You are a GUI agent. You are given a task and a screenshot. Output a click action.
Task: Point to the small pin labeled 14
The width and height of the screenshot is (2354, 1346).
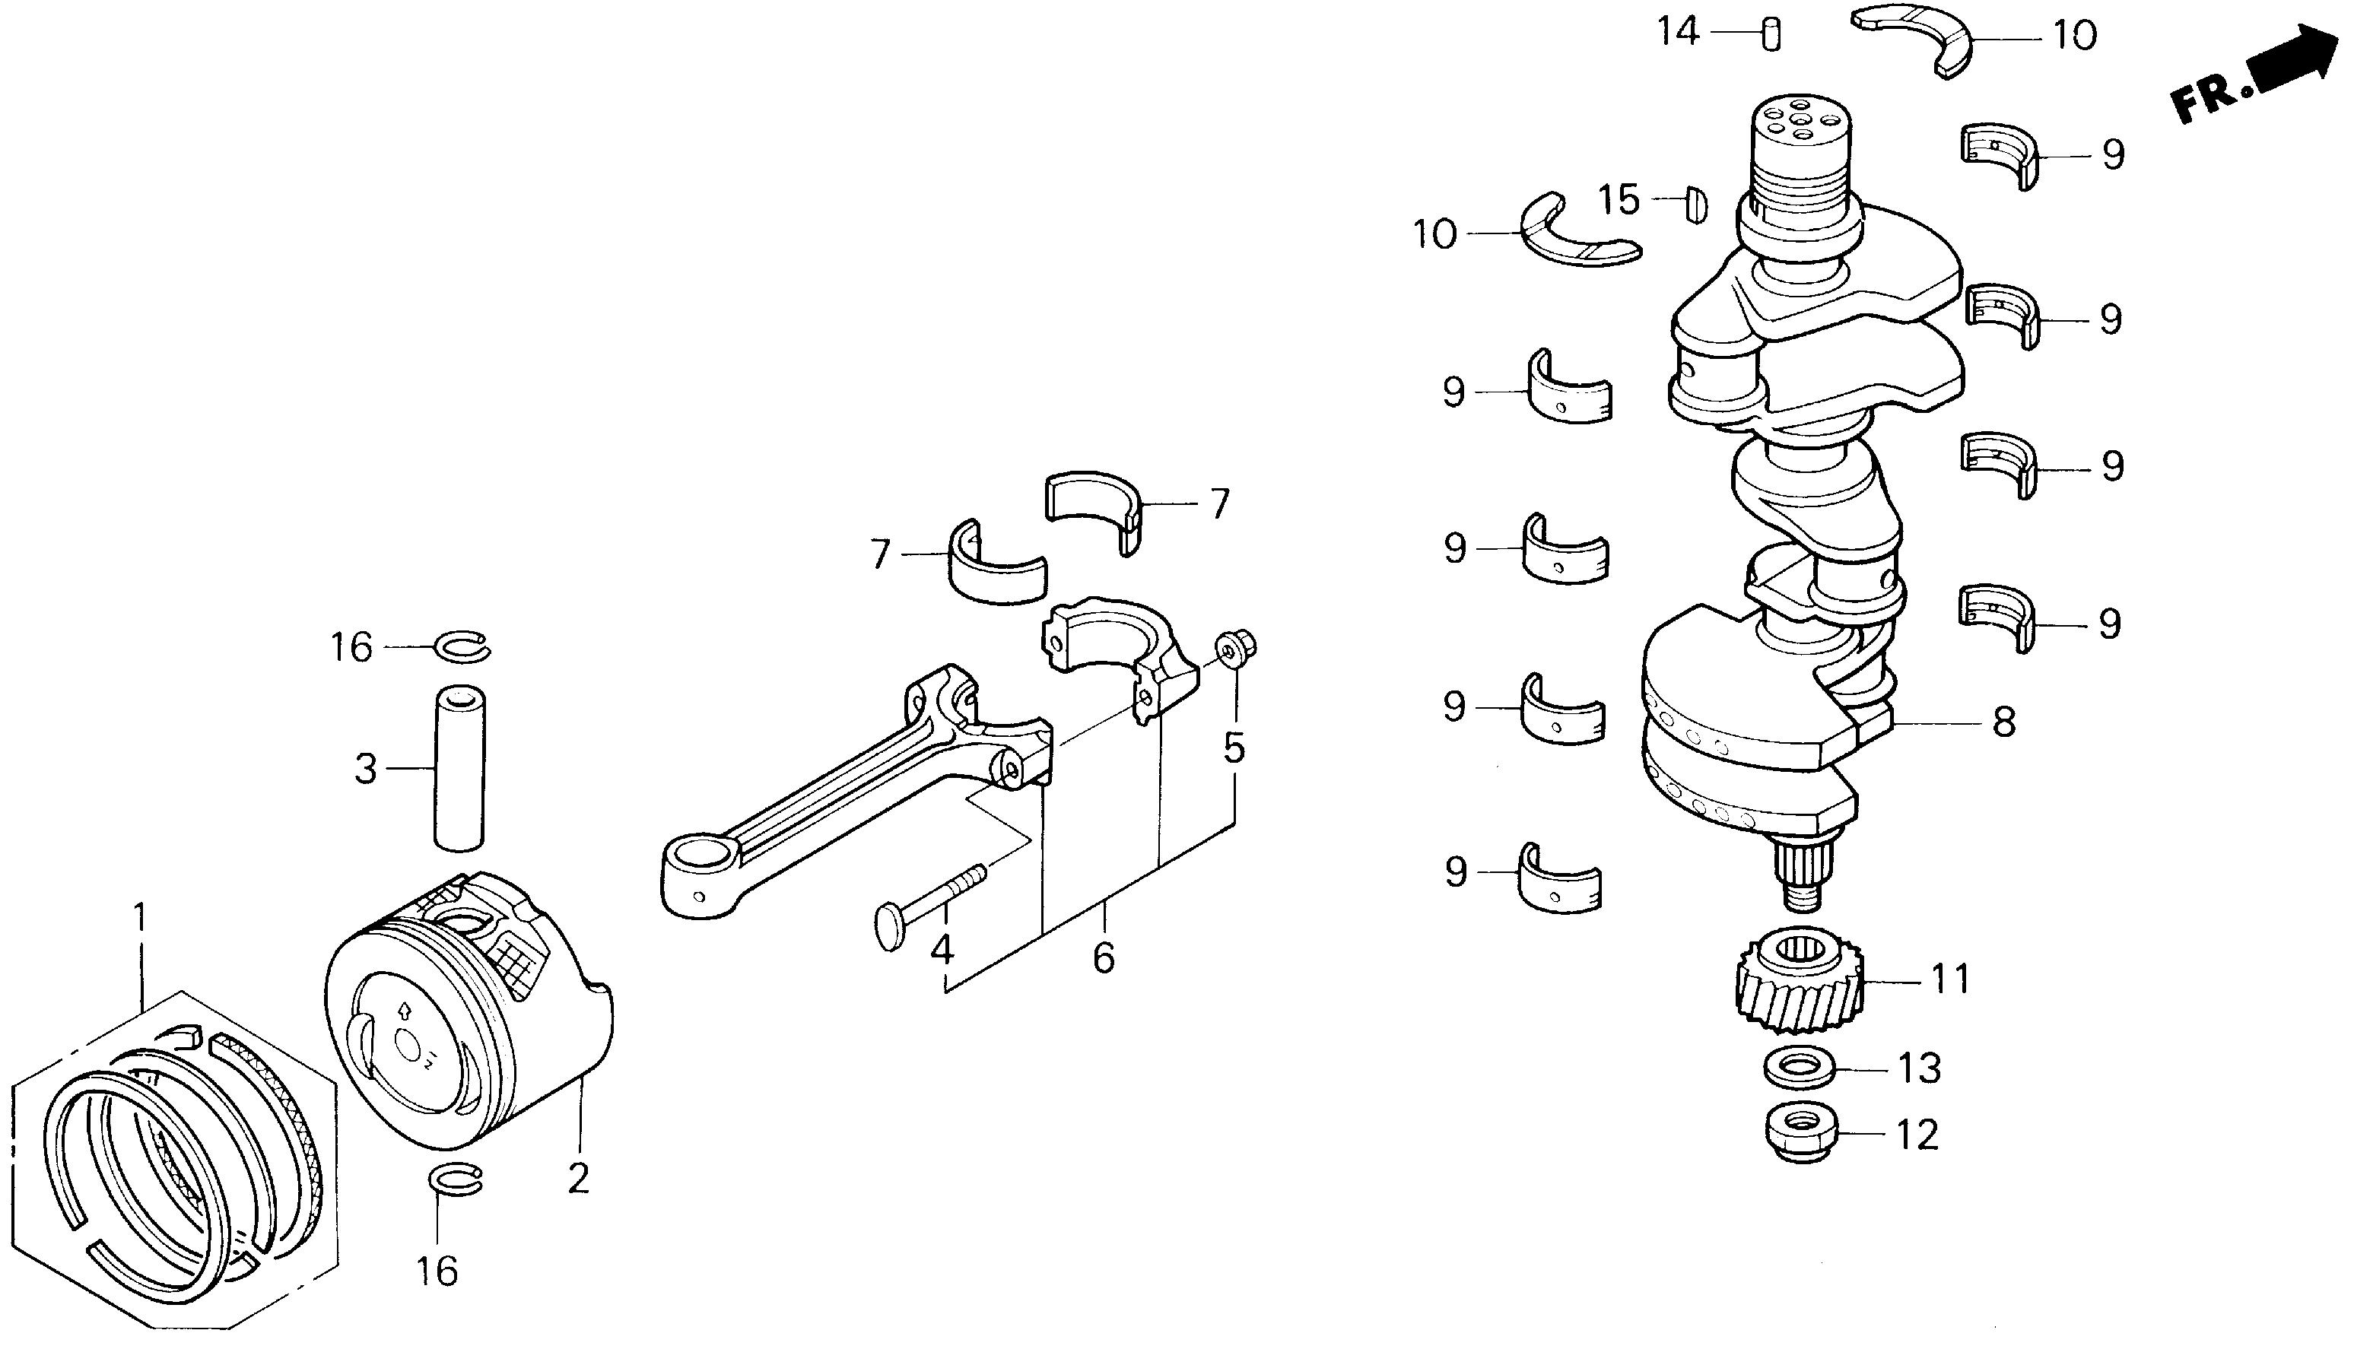coord(1771,35)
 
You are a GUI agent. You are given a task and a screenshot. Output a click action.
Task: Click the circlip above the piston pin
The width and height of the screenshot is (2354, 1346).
coord(462,647)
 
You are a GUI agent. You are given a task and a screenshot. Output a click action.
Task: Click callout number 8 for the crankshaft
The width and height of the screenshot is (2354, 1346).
coord(2003,722)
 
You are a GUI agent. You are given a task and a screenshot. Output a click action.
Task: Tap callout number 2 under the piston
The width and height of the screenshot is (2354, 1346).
coord(578,1179)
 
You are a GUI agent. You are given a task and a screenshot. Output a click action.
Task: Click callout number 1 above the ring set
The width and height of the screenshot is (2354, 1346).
coord(140,918)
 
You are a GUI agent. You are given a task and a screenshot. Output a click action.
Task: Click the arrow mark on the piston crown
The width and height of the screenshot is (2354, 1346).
coord(403,1010)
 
